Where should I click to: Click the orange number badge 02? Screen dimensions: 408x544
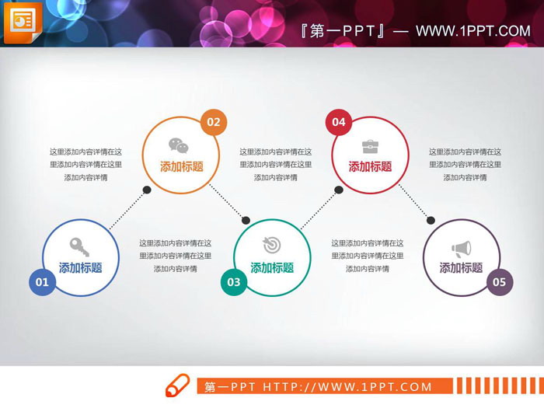point(213,122)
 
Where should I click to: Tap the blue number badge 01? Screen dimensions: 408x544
point(42,282)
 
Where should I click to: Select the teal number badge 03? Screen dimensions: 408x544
point(232,282)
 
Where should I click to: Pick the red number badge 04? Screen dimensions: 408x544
point(338,122)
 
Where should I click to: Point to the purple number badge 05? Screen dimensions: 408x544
point(499,282)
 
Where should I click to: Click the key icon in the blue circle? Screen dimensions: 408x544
point(80,246)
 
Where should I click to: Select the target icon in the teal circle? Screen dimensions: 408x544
point(271,246)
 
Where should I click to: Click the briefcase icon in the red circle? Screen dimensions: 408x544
point(370,145)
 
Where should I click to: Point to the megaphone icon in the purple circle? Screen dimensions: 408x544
point(461,249)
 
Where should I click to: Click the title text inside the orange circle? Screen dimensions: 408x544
point(182,166)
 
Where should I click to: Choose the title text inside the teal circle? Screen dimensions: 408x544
point(272,268)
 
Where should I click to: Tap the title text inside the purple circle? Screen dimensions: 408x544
point(462,268)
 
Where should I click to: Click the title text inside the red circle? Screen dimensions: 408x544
point(370,166)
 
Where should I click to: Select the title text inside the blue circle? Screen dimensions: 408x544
point(81,268)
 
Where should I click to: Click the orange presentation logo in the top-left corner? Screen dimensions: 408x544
point(22,22)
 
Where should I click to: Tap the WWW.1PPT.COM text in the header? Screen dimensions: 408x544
point(473,31)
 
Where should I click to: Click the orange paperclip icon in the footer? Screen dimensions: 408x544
point(177,385)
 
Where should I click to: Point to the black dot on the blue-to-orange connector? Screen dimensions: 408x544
point(146,190)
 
